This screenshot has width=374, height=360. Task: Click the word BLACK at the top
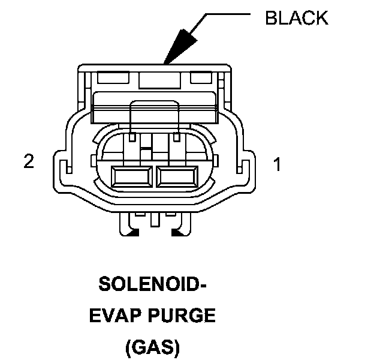[297, 18]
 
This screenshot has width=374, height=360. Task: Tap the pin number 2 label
[28, 162]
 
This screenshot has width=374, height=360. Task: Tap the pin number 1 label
[277, 164]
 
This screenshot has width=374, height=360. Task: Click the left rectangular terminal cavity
[131, 177]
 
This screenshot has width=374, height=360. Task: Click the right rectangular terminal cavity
[177, 177]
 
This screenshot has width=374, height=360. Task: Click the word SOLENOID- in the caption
[152, 284]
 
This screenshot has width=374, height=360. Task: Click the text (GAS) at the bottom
[152, 346]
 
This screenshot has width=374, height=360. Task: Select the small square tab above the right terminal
[176, 138]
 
